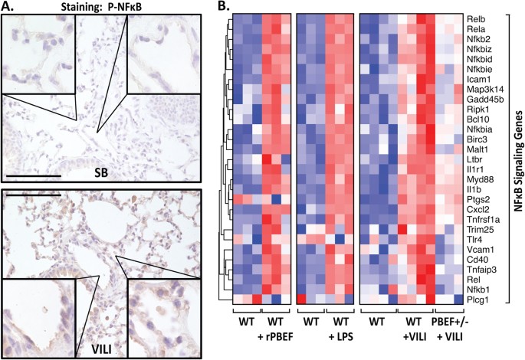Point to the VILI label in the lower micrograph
pyautogui.click(x=103, y=346)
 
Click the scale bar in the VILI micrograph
pyautogui.click(x=33, y=195)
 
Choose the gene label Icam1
pyautogui.click(x=478, y=77)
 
